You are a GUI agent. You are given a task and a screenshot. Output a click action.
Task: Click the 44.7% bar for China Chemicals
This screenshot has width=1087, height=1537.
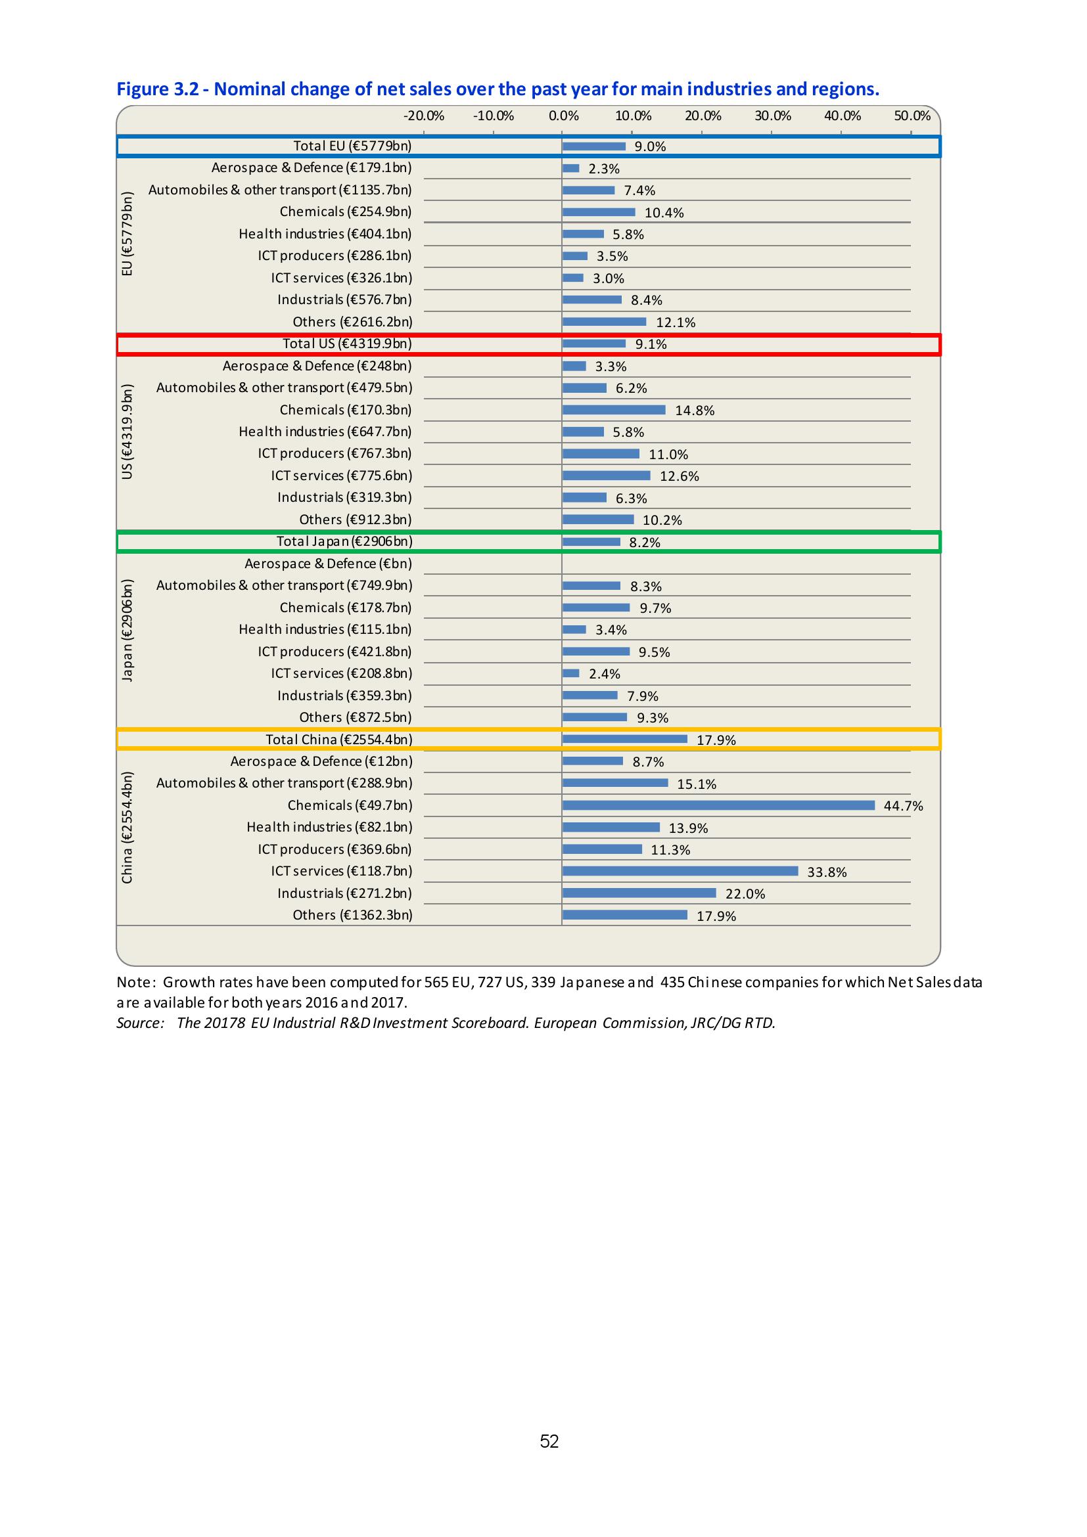[x=718, y=805]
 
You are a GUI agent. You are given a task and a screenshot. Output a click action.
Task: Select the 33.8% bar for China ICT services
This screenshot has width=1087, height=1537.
[x=680, y=871]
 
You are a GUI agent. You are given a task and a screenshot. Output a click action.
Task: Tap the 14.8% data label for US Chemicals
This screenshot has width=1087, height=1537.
[x=695, y=411]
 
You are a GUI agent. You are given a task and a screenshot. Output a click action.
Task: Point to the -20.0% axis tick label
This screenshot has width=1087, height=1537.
[x=423, y=116]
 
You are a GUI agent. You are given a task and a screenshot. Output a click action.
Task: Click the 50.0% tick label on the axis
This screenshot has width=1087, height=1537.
[x=912, y=116]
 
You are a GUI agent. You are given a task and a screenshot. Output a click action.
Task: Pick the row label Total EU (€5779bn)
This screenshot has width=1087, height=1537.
[x=352, y=146]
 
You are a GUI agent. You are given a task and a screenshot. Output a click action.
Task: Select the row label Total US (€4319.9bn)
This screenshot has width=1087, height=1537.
[x=347, y=344]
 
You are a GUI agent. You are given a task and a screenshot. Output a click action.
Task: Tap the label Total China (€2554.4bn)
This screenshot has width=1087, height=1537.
[x=339, y=740]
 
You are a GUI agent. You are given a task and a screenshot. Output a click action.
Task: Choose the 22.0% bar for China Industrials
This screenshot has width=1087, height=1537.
[x=639, y=893]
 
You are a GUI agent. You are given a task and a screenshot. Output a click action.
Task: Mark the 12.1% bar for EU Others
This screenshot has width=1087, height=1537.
[x=604, y=322]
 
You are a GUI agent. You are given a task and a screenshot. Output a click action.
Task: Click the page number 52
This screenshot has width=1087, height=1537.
[x=549, y=1441]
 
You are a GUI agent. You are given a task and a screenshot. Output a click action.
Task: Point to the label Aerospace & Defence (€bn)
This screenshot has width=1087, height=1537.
[x=328, y=564]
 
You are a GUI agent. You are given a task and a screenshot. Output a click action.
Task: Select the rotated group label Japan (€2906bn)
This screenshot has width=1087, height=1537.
[x=127, y=630]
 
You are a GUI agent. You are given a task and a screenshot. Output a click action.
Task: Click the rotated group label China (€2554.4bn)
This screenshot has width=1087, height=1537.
[x=127, y=828]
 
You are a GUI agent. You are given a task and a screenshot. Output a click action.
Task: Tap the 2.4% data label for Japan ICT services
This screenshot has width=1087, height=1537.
[x=604, y=674]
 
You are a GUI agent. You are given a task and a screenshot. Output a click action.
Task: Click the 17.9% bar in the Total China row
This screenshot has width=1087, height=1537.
[x=624, y=739]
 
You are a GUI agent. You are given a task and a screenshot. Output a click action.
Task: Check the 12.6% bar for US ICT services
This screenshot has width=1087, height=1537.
[x=606, y=476]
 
